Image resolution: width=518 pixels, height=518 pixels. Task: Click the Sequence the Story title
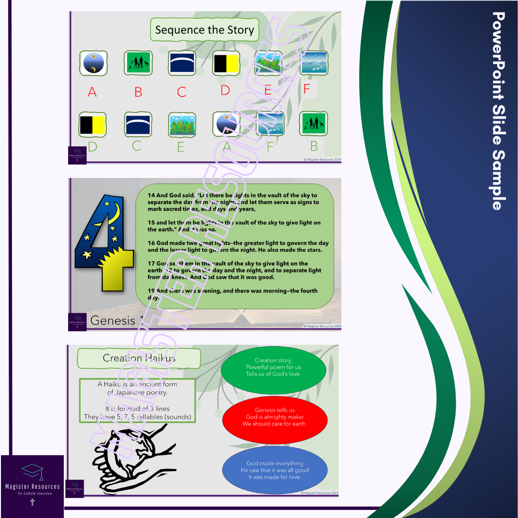tap(204, 30)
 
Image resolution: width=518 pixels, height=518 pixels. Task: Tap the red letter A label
tap(92, 92)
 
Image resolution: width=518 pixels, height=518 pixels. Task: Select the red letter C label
tap(181, 92)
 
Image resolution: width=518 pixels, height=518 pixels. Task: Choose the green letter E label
tap(181, 147)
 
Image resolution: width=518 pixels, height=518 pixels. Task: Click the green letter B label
tap(314, 146)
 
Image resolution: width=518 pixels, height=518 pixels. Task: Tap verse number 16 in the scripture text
tap(152, 243)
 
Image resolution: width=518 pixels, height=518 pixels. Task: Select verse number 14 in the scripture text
tap(152, 195)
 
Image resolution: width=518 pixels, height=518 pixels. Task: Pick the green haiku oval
tap(273, 367)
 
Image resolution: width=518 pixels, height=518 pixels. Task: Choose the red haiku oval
tap(275, 417)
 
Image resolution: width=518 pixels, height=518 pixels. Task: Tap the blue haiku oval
tap(275, 470)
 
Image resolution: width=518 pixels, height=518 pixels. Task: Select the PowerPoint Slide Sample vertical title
tap(499, 110)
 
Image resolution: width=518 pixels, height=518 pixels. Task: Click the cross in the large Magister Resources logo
tap(33, 502)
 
